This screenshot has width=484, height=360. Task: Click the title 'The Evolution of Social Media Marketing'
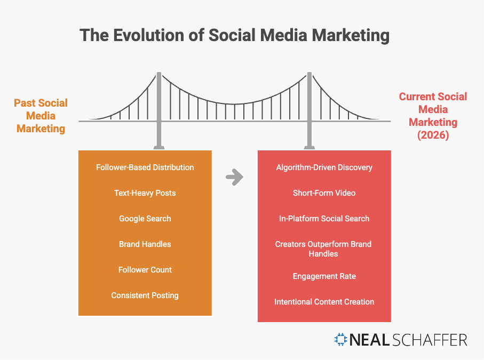pos(235,35)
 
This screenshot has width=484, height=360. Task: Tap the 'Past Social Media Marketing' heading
pos(41,116)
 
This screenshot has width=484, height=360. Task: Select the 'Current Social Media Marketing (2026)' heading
pos(433,116)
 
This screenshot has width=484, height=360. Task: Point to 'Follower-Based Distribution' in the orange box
pos(145,167)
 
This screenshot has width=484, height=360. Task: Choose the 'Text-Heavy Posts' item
pos(145,193)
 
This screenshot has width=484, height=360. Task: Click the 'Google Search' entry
pos(145,219)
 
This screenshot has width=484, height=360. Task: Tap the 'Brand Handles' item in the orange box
pos(145,244)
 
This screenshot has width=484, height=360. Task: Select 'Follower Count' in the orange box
pos(145,270)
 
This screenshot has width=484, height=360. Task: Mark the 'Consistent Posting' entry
pos(145,295)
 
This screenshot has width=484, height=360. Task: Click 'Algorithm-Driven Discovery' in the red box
pos(324,167)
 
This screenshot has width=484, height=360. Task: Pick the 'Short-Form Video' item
pos(324,193)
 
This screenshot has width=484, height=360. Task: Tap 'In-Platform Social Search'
pos(324,219)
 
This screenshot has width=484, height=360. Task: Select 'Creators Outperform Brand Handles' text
pos(323,249)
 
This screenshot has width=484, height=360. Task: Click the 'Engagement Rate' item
pos(324,276)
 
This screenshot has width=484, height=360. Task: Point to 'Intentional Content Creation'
pos(324,302)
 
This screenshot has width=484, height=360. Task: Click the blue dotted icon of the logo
pos(341,339)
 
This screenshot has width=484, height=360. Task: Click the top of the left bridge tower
pos(159,73)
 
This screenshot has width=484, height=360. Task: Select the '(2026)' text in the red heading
pos(433,135)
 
